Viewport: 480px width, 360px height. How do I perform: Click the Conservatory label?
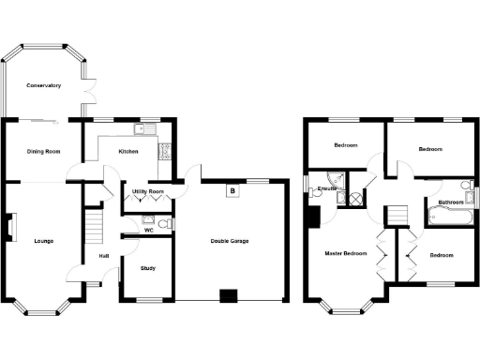[x=43, y=85]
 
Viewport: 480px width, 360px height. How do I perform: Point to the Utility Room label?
[x=148, y=191]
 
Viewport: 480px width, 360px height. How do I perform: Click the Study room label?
[x=147, y=268]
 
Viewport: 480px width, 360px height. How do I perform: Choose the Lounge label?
[x=43, y=241]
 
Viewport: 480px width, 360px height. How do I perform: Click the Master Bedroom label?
[x=346, y=254]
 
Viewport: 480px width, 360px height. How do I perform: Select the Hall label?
[x=103, y=257]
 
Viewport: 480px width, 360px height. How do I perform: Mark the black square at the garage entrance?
[x=226, y=297]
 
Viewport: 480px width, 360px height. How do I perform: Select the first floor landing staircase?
[x=398, y=217]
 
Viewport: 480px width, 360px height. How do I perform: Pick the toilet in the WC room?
[x=163, y=223]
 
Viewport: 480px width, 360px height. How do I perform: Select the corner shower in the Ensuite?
[x=334, y=179]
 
